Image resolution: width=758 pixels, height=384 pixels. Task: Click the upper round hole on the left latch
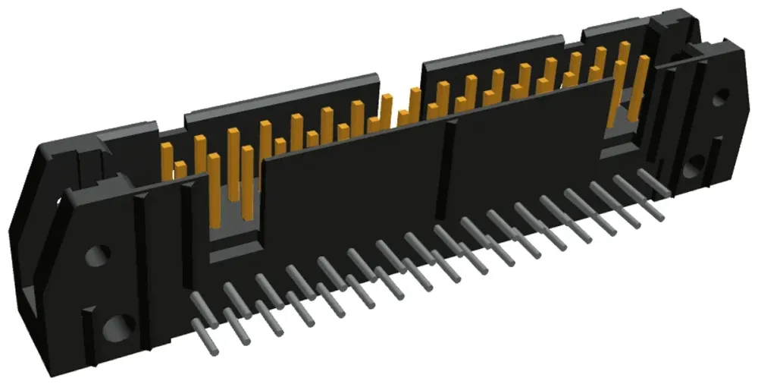(96, 255)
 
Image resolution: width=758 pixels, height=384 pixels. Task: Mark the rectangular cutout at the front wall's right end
(622, 114)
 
